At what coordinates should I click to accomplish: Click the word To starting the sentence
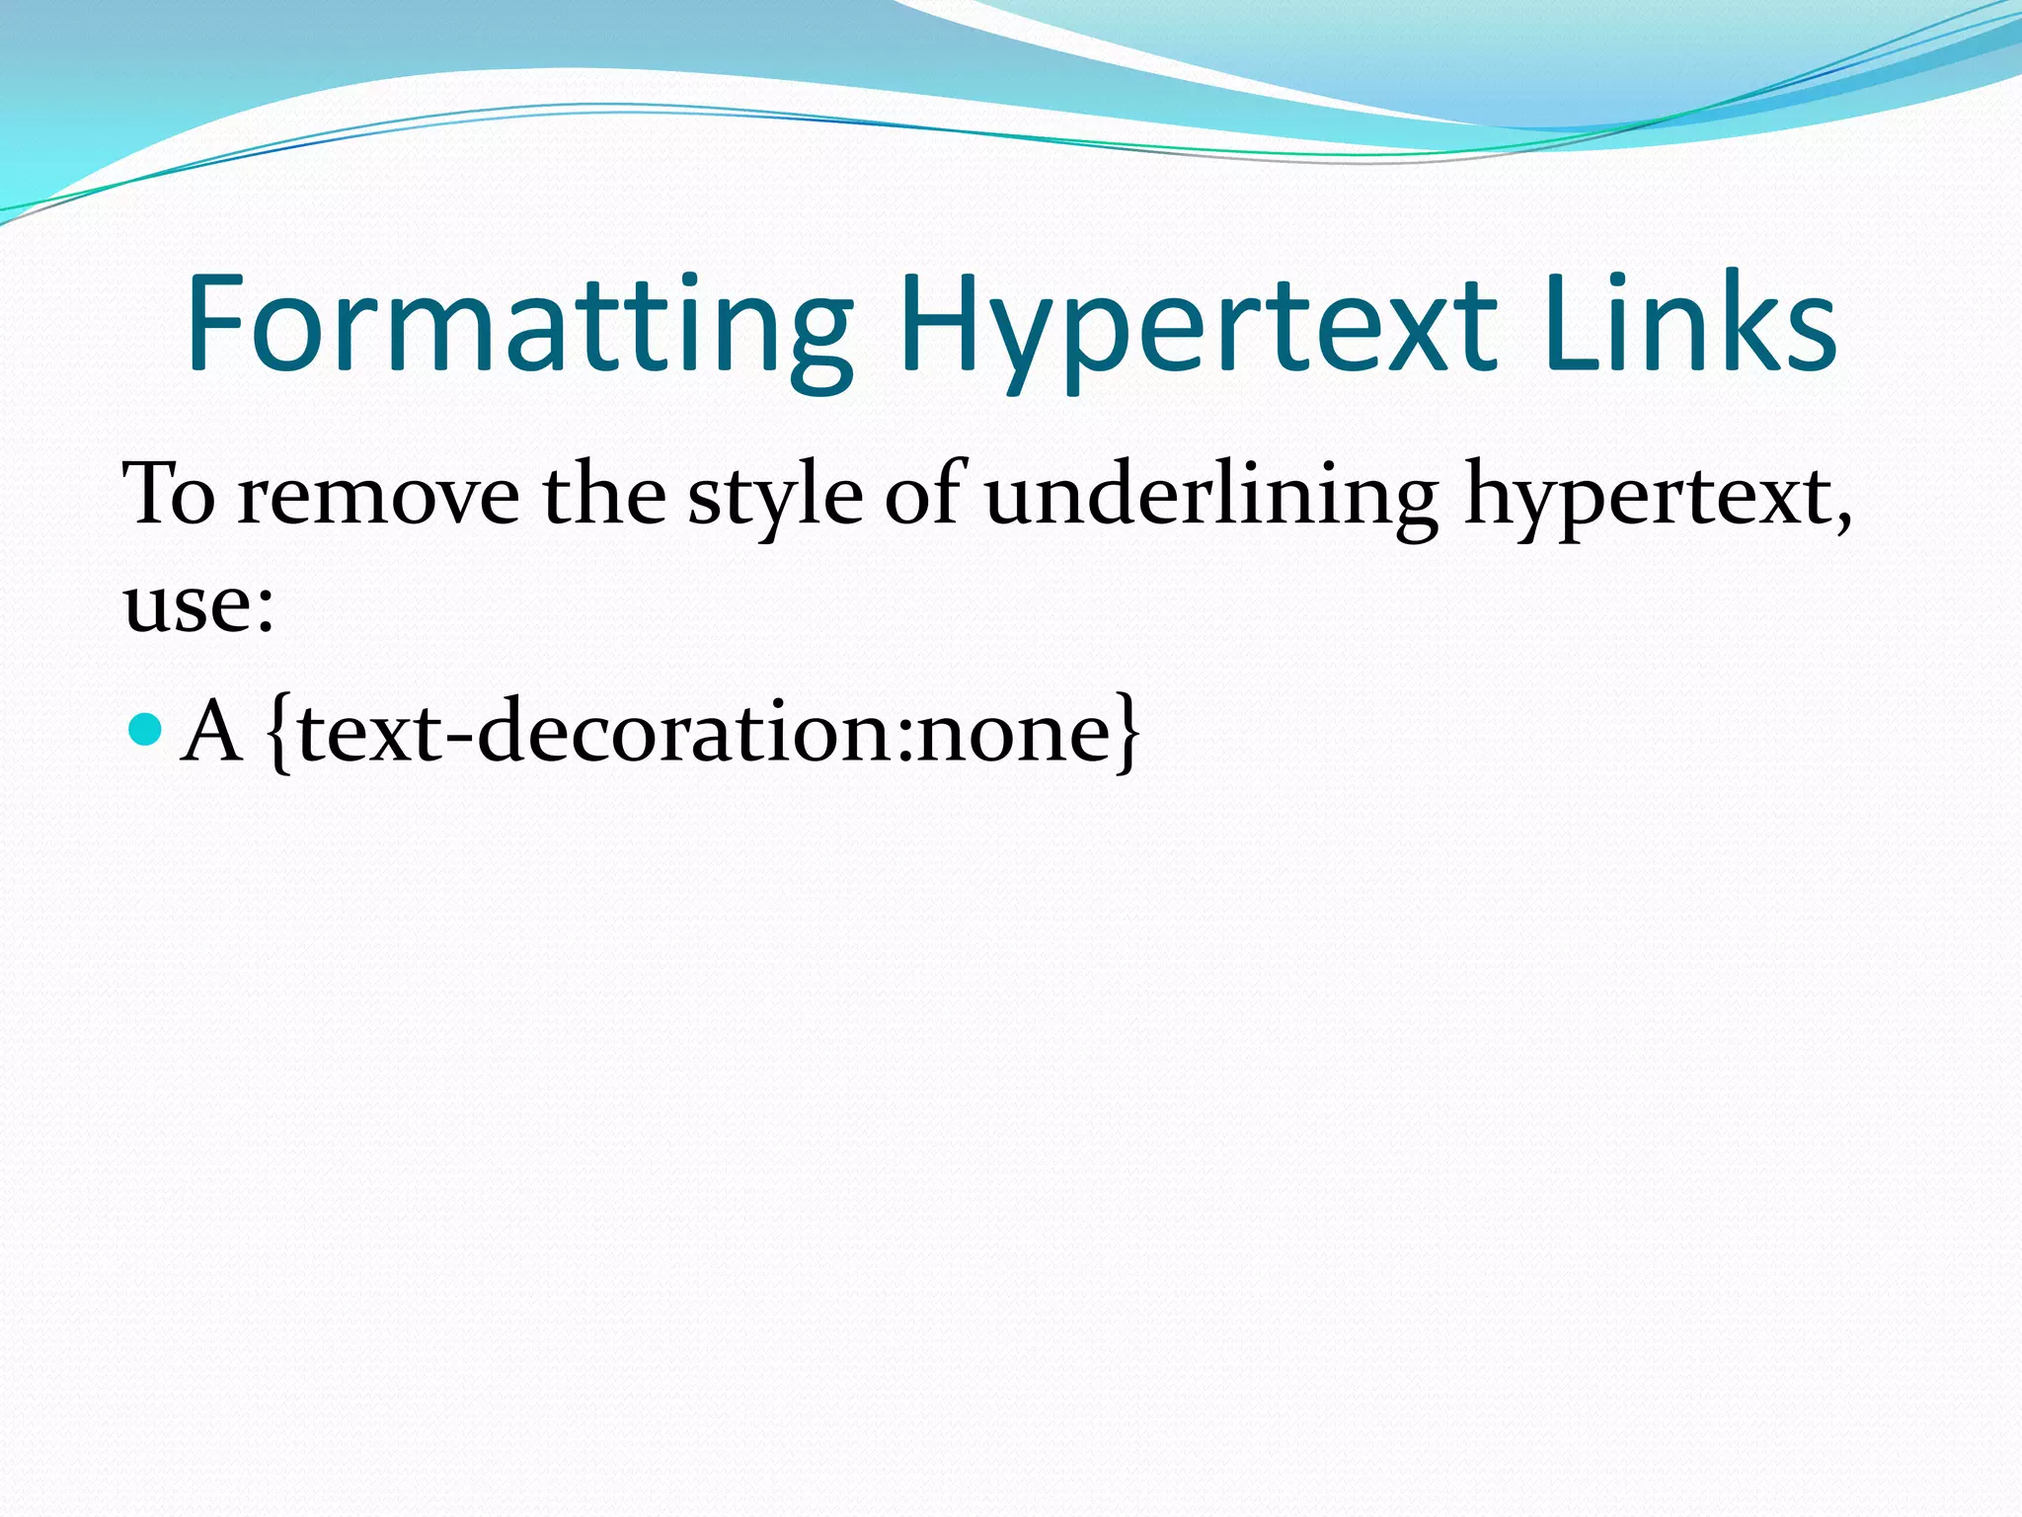(169, 493)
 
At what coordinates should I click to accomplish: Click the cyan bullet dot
(145, 730)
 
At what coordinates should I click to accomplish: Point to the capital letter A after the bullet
(212, 730)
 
